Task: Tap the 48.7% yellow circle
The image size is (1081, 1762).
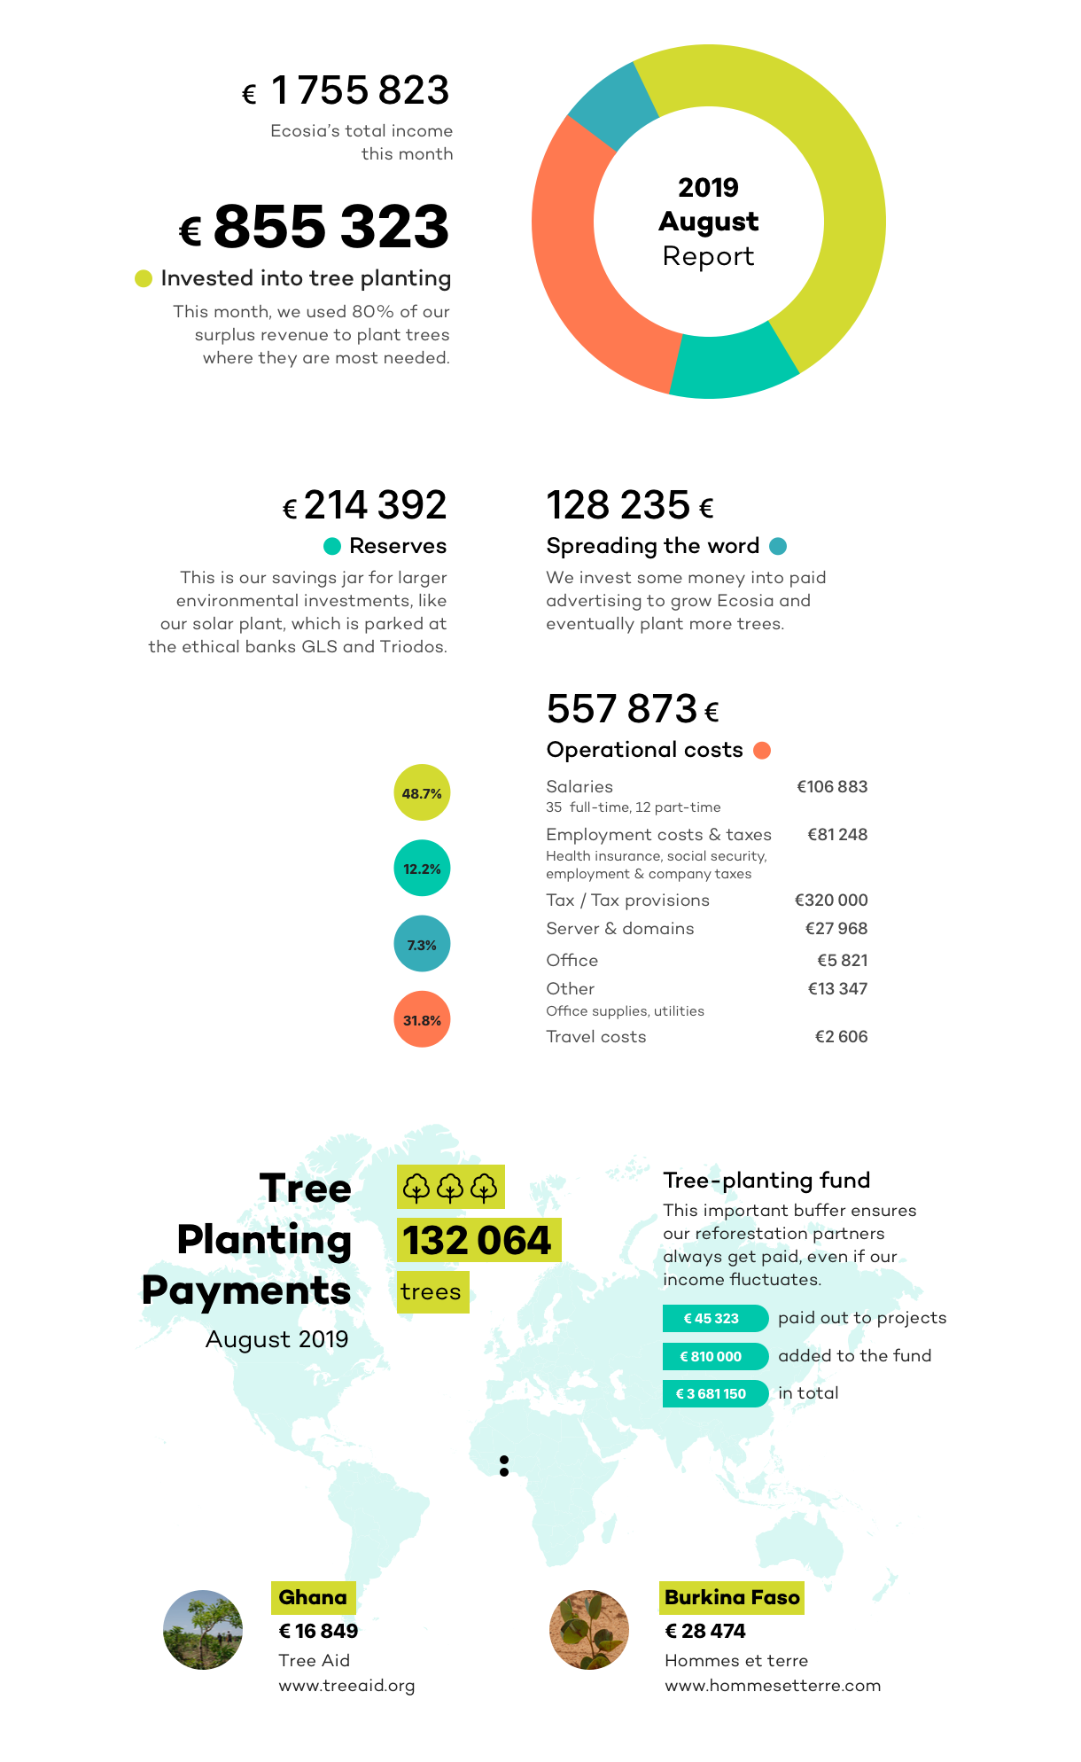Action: click(422, 792)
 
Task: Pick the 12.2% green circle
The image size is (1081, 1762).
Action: click(422, 868)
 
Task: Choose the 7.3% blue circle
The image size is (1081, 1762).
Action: click(422, 944)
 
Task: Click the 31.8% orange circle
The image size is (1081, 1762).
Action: click(422, 1019)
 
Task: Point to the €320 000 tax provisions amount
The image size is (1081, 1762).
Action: click(830, 900)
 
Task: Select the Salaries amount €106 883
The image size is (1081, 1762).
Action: click(831, 786)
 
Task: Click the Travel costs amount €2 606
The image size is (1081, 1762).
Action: click(841, 1036)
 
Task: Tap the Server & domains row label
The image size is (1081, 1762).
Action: click(619, 928)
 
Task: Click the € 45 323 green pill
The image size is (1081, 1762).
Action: click(714, 1318)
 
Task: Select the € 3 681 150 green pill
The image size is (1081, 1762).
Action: click(714, 1393)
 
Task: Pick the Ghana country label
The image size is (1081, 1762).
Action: click(313, 1597)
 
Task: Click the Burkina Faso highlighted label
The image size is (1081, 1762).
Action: click(732, 1597)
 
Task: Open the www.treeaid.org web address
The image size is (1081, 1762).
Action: click(346, 1685)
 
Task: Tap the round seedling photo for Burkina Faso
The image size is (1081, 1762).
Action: click(589, 1629)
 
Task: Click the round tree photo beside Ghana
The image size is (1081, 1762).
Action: click(203, 1629)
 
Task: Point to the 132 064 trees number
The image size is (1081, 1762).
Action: click(478, 1240)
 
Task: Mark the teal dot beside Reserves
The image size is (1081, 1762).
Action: click(332, 546)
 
